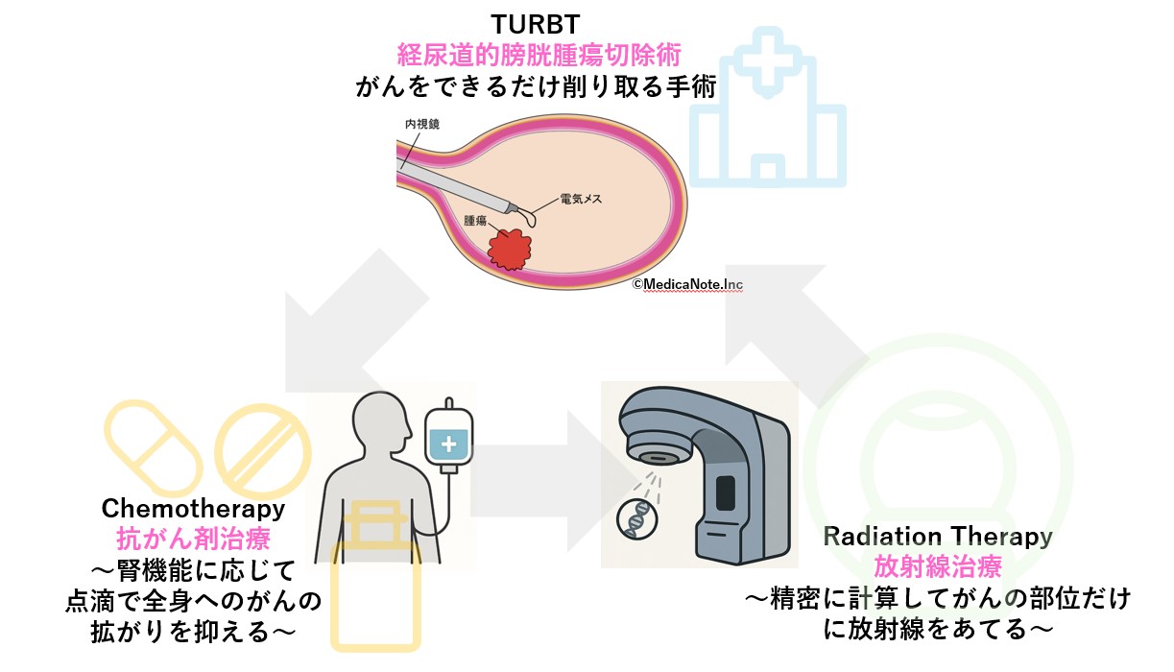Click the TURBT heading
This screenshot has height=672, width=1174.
pyautogui.click(x=535, y=24)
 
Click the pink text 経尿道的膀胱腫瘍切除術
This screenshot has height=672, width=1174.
pyautogui.click(x=539, y=55)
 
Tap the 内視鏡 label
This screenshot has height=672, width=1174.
pyautogui.click(x=422, y=124)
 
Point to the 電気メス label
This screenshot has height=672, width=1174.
pyautogui.click(x=581, y=199)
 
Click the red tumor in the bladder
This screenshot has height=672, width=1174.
pyautogui.click(x=510, y=250)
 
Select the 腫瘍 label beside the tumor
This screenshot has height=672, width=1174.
pyautogui.click(x=475, y=221)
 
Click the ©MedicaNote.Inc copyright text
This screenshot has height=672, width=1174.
pyautogui.click(x=687, y=284)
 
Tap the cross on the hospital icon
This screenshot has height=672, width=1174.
pyautogui.click(x=767, y=62)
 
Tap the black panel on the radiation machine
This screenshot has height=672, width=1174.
pyautogui.click(x=726, y=493)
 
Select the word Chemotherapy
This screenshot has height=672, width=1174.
pyautogui.click(x=193, y=508)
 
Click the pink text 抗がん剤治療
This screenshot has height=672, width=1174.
pyautogui.click(x=193, y=539)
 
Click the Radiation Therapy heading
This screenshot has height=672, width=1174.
pyautogui.click(x=938, y=536)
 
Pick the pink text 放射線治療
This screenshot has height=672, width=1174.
pyautogui.click(x=938, y=566)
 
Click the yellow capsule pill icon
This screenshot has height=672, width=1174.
pyautogui.click(x=154, y=448)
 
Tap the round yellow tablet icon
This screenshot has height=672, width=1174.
pyautogui.click(x=263, y=451)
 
